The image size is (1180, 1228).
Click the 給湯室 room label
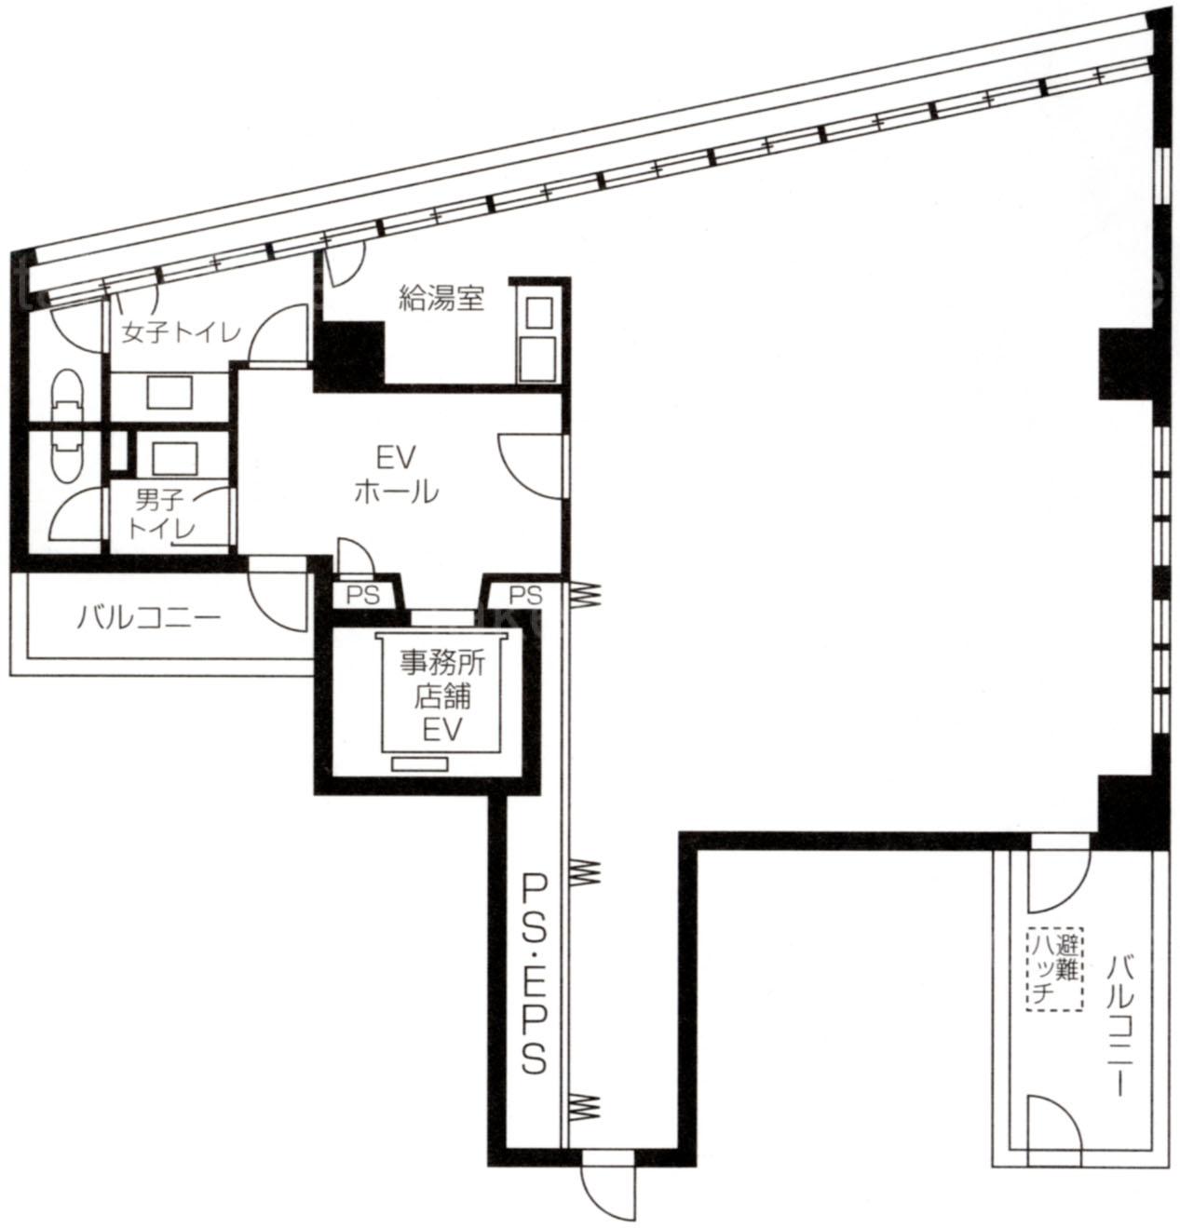[x=441, y=299]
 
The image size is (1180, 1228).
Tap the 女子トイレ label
[x=182, y=332]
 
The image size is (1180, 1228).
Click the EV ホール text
[x=396, y=475]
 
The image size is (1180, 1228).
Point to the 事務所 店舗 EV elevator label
[x=441, y=696]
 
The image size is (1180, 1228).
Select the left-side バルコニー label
[x=149, y=617]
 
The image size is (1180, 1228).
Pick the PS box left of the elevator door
[x=363, y=594]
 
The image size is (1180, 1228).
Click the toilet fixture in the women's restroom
[x=68, y=397]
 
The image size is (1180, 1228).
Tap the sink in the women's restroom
[x=170, y=392]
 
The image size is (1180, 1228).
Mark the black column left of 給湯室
[x=349, y=355]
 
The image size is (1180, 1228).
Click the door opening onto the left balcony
[x=278, y=593]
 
